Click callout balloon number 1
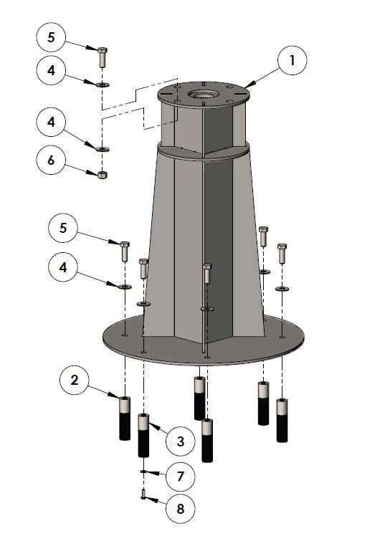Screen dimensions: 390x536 click(x=292, y=60)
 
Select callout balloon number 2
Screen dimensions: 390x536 click(x=75, y=380)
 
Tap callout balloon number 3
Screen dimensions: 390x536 click(x=180, y=441)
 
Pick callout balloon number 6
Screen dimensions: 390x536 click(x=51, y=160)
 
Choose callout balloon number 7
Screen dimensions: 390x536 click(x=180, y=477)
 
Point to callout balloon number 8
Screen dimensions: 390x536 click(x=180, y=509)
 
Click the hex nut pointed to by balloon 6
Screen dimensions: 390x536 click(x=103, y=175)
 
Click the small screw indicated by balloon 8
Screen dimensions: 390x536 click(x=143, y=494)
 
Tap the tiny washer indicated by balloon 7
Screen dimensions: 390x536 click(x=143, y=472)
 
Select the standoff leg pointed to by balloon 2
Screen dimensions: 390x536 click(x=125, y=418)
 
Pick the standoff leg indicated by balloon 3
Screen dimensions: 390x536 click(x=143, y=435)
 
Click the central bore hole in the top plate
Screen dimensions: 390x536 click(x=202, y=93)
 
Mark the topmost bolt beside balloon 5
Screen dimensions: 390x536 click(x=103, y=57)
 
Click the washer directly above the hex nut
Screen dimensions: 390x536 click(x=103, y=149)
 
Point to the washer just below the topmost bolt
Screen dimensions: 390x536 click(x=103, y=84)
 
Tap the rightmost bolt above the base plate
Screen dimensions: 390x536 click(x=282, y=253)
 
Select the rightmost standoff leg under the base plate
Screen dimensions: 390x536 click(x=282, y=420)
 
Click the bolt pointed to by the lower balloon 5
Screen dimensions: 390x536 click(x=125, y=252)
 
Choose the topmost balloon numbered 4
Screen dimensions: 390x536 click(x=51, y=70)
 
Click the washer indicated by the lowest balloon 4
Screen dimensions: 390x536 click(x=125, y=286)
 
